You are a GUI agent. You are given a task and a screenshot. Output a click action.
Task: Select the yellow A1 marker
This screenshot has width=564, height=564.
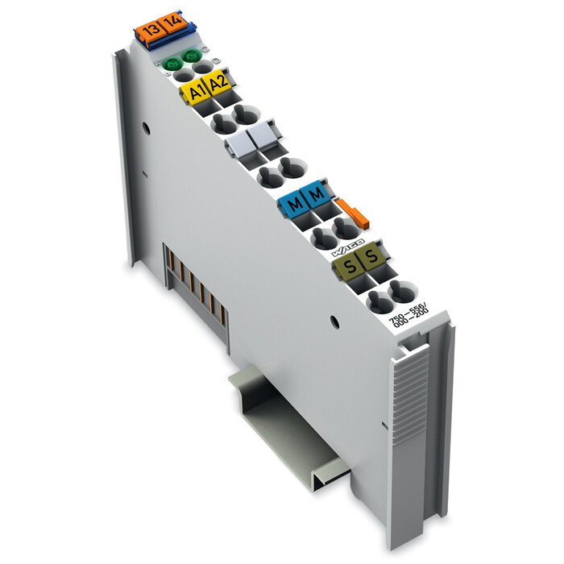click(195, 91)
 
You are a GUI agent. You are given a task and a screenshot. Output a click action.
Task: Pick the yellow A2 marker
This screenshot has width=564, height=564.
click(218, 83)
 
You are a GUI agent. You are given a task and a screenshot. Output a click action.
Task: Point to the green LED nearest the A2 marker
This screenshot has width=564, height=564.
click(192, 55)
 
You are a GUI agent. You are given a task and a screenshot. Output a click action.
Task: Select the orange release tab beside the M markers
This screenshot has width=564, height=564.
click(353, 211)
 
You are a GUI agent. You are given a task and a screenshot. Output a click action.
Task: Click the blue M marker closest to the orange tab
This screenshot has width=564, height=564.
click(317, 194)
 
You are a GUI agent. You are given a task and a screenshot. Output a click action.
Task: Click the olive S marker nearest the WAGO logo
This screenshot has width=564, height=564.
click(370, 258)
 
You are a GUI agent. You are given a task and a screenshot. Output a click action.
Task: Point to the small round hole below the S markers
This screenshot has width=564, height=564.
click(331, 321)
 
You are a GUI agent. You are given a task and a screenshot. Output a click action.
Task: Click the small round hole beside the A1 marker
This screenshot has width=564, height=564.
click(146, 126)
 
